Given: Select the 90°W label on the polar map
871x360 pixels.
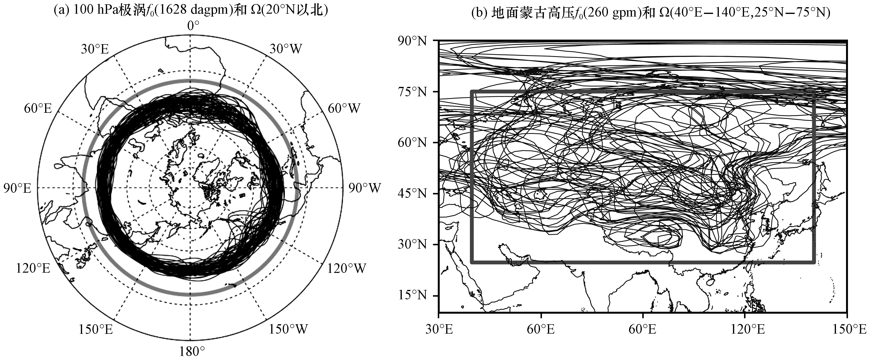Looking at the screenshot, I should point(365,188).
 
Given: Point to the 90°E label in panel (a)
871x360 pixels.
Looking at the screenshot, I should point(18,188).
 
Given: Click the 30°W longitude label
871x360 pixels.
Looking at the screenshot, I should point(286,49).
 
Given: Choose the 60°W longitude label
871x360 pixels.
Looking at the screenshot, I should point(344,108).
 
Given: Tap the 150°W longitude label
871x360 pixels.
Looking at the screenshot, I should point(288,329).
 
